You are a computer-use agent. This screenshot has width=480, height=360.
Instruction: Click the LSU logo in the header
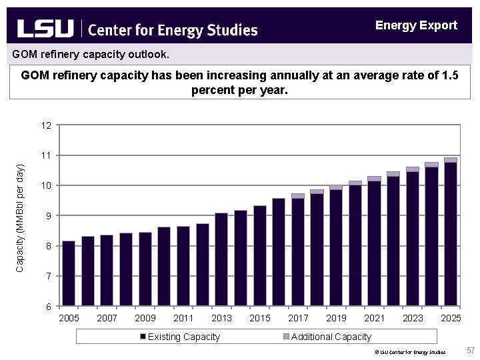(45, 29)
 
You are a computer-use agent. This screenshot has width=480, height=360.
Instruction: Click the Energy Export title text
(416, 25)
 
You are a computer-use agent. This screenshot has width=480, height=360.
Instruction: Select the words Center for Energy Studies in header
(173, 30)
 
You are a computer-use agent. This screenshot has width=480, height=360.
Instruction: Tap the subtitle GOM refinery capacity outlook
(91, 53)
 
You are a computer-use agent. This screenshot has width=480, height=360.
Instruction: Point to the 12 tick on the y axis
(46, 125)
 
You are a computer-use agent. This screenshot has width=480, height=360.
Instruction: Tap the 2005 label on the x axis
(69, 318)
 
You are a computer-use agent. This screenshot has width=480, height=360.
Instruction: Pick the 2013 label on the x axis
(221, 318)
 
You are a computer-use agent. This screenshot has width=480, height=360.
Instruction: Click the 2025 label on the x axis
(451, 318)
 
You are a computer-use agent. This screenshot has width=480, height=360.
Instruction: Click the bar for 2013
(221, 259)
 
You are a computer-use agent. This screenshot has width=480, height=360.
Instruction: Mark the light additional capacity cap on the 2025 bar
(451, 160)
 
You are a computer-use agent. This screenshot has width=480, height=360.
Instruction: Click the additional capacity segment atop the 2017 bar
(298, 196)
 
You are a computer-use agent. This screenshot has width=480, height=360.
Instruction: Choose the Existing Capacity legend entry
(179, 337)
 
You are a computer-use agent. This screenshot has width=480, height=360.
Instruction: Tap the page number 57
(471, 351)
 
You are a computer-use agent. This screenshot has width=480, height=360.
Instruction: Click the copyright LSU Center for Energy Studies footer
(409, 351)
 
